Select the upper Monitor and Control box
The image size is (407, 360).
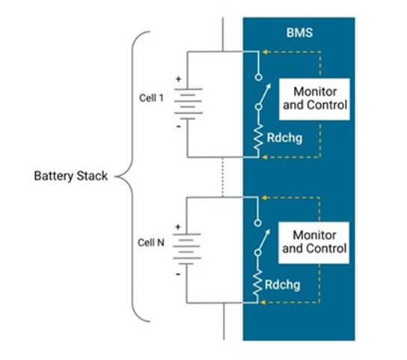coord(314,98)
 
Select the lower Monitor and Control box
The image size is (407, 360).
coord(314,241)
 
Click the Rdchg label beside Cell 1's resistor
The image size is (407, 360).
coord(285,138)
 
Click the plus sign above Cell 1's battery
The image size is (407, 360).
coord(179,78)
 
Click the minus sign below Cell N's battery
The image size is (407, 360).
coord(179,273)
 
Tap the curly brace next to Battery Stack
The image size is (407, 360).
coord(135,177)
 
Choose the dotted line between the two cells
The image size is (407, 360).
coord(223,177)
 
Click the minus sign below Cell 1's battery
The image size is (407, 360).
coord(179,126)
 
